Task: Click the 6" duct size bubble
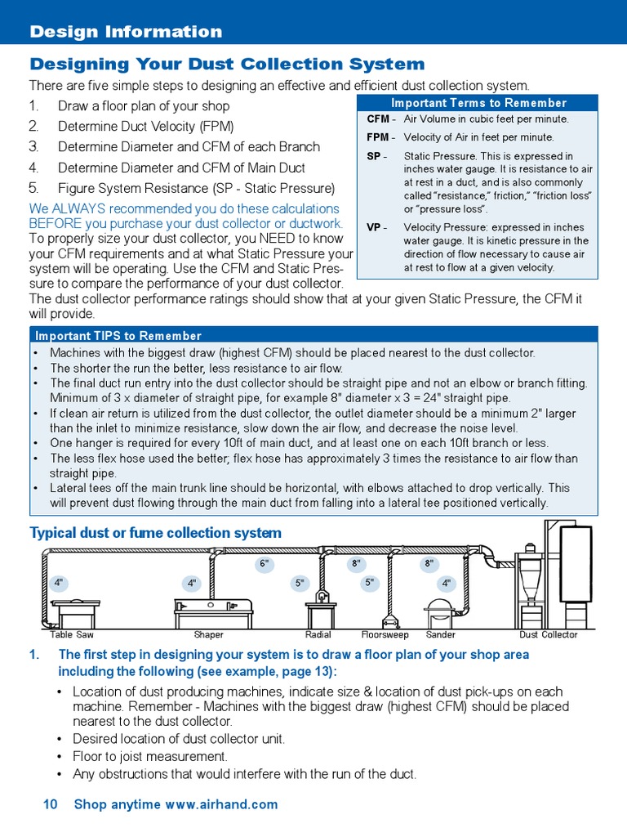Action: (264, 563)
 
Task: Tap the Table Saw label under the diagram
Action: (72, 635)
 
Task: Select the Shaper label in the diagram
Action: (208, 635)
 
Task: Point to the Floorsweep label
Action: (385, 635)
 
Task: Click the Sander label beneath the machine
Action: (441, 635)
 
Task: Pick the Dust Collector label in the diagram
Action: (548, 635)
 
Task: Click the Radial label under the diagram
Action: (318, 635)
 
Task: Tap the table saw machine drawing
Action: (75, 611)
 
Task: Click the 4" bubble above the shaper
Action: (192, 583)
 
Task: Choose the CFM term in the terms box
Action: (377, 119)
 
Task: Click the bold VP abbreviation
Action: (373, 228)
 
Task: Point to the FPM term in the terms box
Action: (377, 137)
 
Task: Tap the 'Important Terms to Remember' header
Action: (478, 103)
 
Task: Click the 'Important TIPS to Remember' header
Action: (118, 336)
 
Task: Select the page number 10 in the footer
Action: (50, 804)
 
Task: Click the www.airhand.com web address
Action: (221, 804)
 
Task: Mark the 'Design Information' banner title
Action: (126, 32)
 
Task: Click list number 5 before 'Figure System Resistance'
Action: (33, 188)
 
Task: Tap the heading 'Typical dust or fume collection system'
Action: (155, 533)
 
